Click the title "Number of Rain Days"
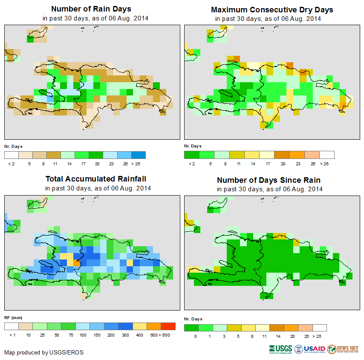[x=91, y=9]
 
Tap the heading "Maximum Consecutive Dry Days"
[x=272, y=9]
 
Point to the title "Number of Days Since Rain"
[x=269, y=180]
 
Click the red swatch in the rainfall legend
[x=168, y=326]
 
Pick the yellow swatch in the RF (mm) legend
[x=139, y=326]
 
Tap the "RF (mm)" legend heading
[x=13, y=318]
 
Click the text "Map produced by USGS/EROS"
[x=44, y=352]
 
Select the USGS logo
[x=281, y=349]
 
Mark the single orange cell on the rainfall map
[x=76, y=263]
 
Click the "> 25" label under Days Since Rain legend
[x=319, y=336]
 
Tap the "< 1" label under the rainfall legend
[x=12, y=335]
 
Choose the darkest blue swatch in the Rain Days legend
[x=139, y=155]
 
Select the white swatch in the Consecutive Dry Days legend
[x=326, y=155]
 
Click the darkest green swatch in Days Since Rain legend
[x=191, y=328]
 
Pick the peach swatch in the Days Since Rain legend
[x=305, y=328]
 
